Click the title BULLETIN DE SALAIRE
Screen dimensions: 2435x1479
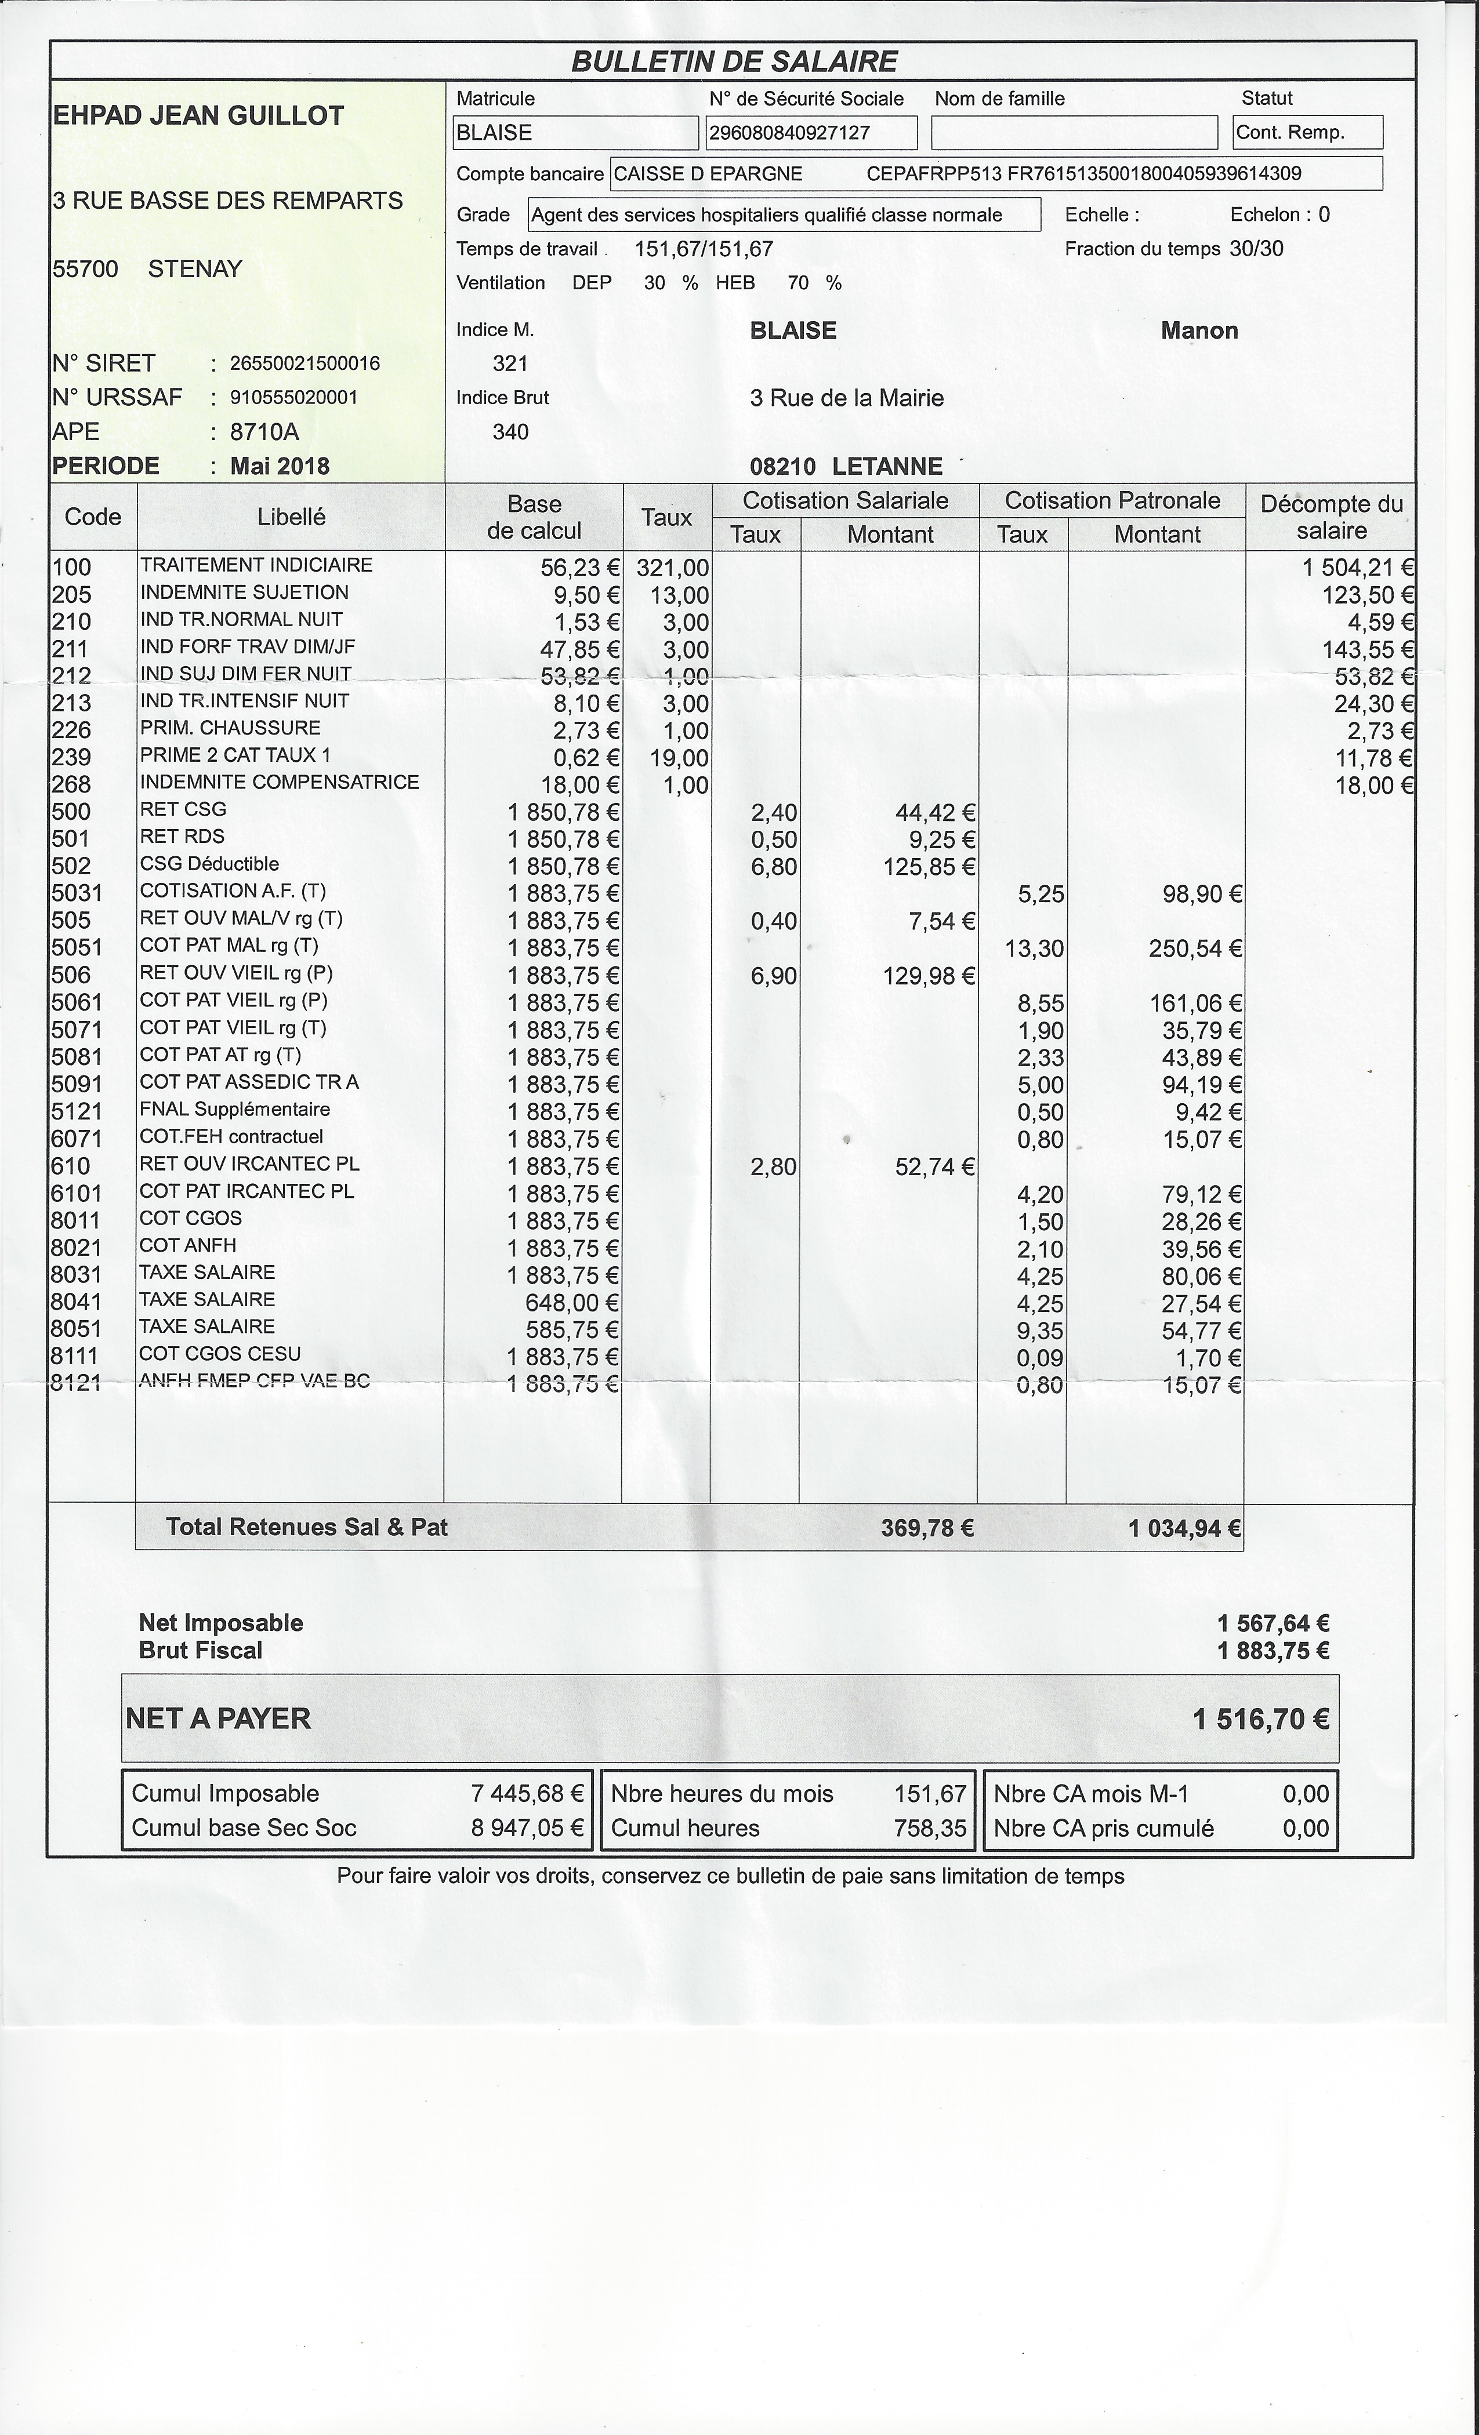click(734, 61)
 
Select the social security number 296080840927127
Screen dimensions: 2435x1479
click(788, 132)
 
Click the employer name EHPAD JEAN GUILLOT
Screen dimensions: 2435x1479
click(198, 115)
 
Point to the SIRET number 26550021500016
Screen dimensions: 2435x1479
click(304, 364)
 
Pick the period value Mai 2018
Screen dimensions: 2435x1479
click(280, 466)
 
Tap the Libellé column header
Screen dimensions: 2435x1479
click(291, 517)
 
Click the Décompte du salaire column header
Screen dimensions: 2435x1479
click(1331, 517)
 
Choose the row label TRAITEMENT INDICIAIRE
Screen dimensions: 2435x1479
click(256, 565)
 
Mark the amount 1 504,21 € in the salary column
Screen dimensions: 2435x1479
click(1357, 567)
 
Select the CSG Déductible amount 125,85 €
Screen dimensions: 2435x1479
click(929, 867)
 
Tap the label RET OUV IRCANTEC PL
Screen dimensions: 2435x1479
click(249, 1164)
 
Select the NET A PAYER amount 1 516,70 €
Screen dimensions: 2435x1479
click(1260, 1718)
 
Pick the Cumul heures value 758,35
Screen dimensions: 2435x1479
click(929, 1828)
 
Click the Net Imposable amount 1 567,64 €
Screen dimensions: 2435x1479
click(1273, 1623)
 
